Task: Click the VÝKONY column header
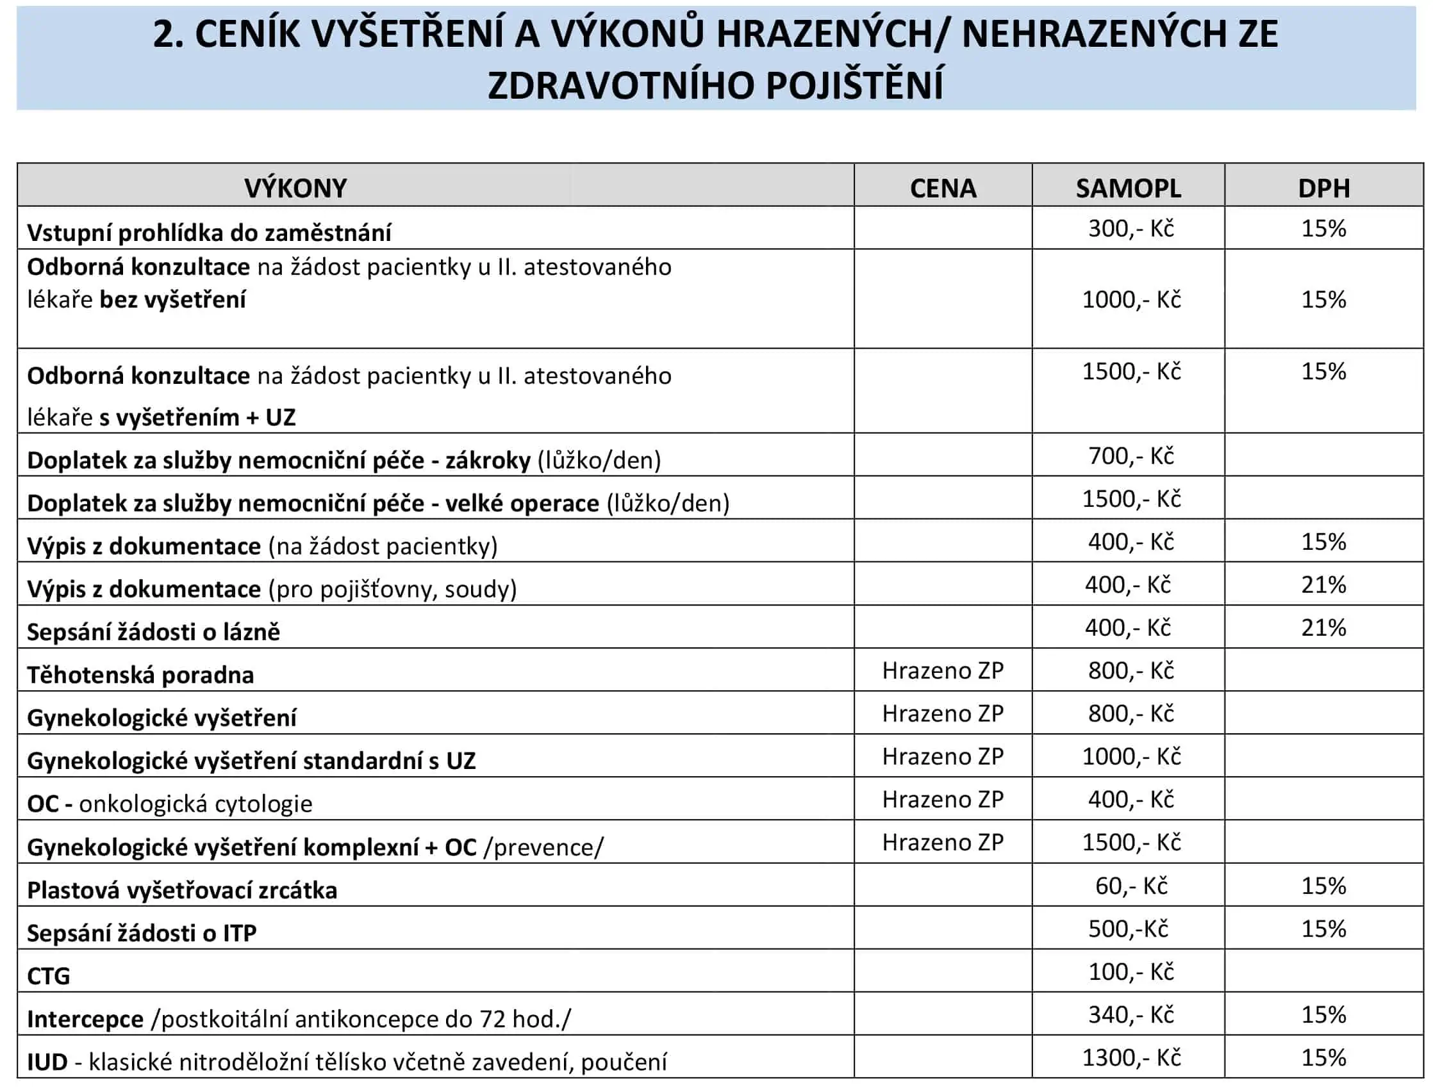click(295, 188)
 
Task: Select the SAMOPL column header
click(1128, 188)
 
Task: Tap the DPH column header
click(1324, 188)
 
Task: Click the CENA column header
click(943, 188)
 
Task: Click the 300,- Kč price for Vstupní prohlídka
click(1131, 229)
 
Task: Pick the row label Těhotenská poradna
click(140, 675)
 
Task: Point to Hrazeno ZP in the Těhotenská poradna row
click(943, 671)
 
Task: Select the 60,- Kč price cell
click(1131, 886)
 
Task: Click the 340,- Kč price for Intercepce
click(1131, 1014)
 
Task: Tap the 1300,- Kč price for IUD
click(1131, 1057)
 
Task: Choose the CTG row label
click(49, 975)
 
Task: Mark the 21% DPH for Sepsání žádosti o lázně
click(1324, 628)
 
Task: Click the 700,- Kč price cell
click(1131, 456)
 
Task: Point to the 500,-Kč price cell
click(1128, 929)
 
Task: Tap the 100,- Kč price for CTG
click(1131, 972)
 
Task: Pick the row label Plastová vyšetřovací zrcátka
click(182, 891)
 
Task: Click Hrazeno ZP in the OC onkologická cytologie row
click(943, 800)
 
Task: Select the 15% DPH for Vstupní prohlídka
click(1324, 229)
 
